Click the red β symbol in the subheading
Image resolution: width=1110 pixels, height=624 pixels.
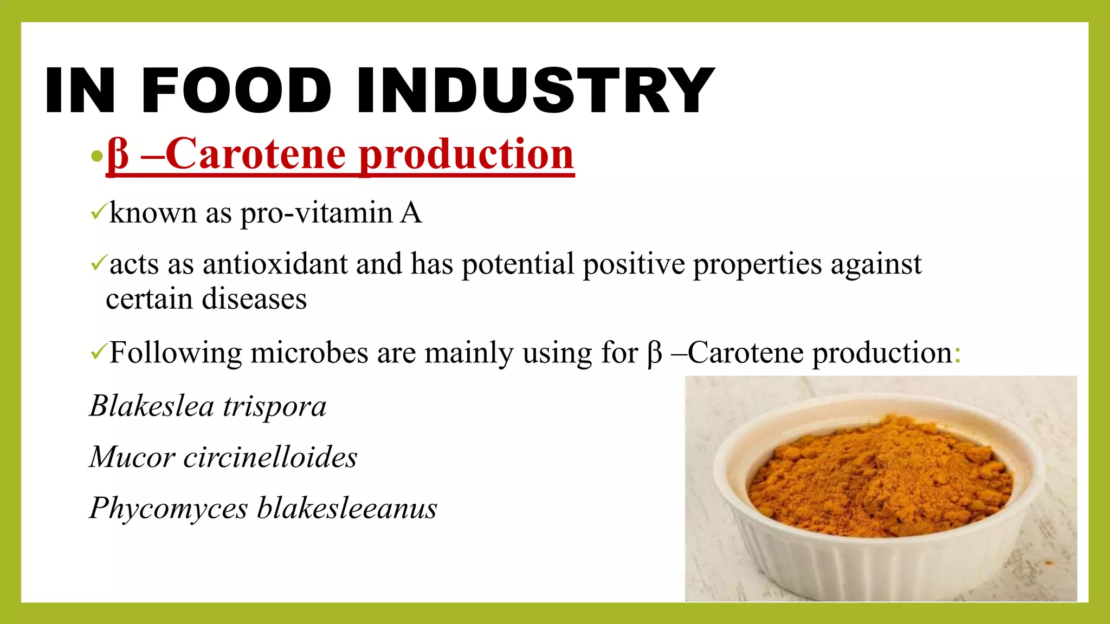(x=118, y=154)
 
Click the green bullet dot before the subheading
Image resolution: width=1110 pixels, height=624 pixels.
(x=96, y=157)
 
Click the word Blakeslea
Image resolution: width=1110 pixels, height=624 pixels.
(x=152, y=406)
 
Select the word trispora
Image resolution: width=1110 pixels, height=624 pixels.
(x=275, y=407)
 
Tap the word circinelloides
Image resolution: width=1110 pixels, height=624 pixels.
(x=270, y=457)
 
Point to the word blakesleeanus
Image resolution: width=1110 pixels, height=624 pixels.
(x=347, y=508)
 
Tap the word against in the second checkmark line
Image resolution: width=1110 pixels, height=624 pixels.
(x=876, y=265)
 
